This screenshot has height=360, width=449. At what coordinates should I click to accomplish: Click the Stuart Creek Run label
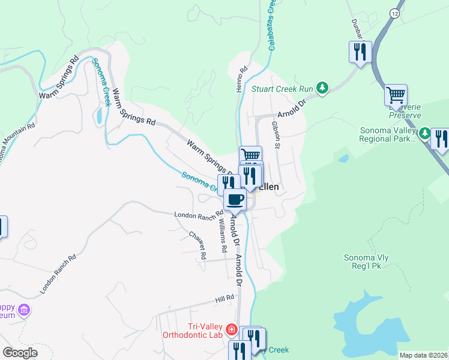[282, 89]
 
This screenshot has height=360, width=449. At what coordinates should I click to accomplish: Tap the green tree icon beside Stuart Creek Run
[322, 89]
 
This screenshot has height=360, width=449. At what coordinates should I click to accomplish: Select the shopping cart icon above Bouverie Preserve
[396, 94]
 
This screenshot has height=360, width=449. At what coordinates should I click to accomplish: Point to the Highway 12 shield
[394, 13]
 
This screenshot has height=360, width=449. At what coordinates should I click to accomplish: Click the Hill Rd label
[224, 299]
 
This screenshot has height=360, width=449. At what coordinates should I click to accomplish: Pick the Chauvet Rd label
[197, 245]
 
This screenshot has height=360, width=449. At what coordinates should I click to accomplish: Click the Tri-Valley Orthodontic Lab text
[192, 331]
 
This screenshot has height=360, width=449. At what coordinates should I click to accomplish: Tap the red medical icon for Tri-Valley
[231, 329]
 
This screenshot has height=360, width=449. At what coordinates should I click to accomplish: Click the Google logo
[20, 353]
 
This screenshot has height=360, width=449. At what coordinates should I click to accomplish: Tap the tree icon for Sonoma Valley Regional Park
[424, 133]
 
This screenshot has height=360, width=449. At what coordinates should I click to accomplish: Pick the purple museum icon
[24, 310]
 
